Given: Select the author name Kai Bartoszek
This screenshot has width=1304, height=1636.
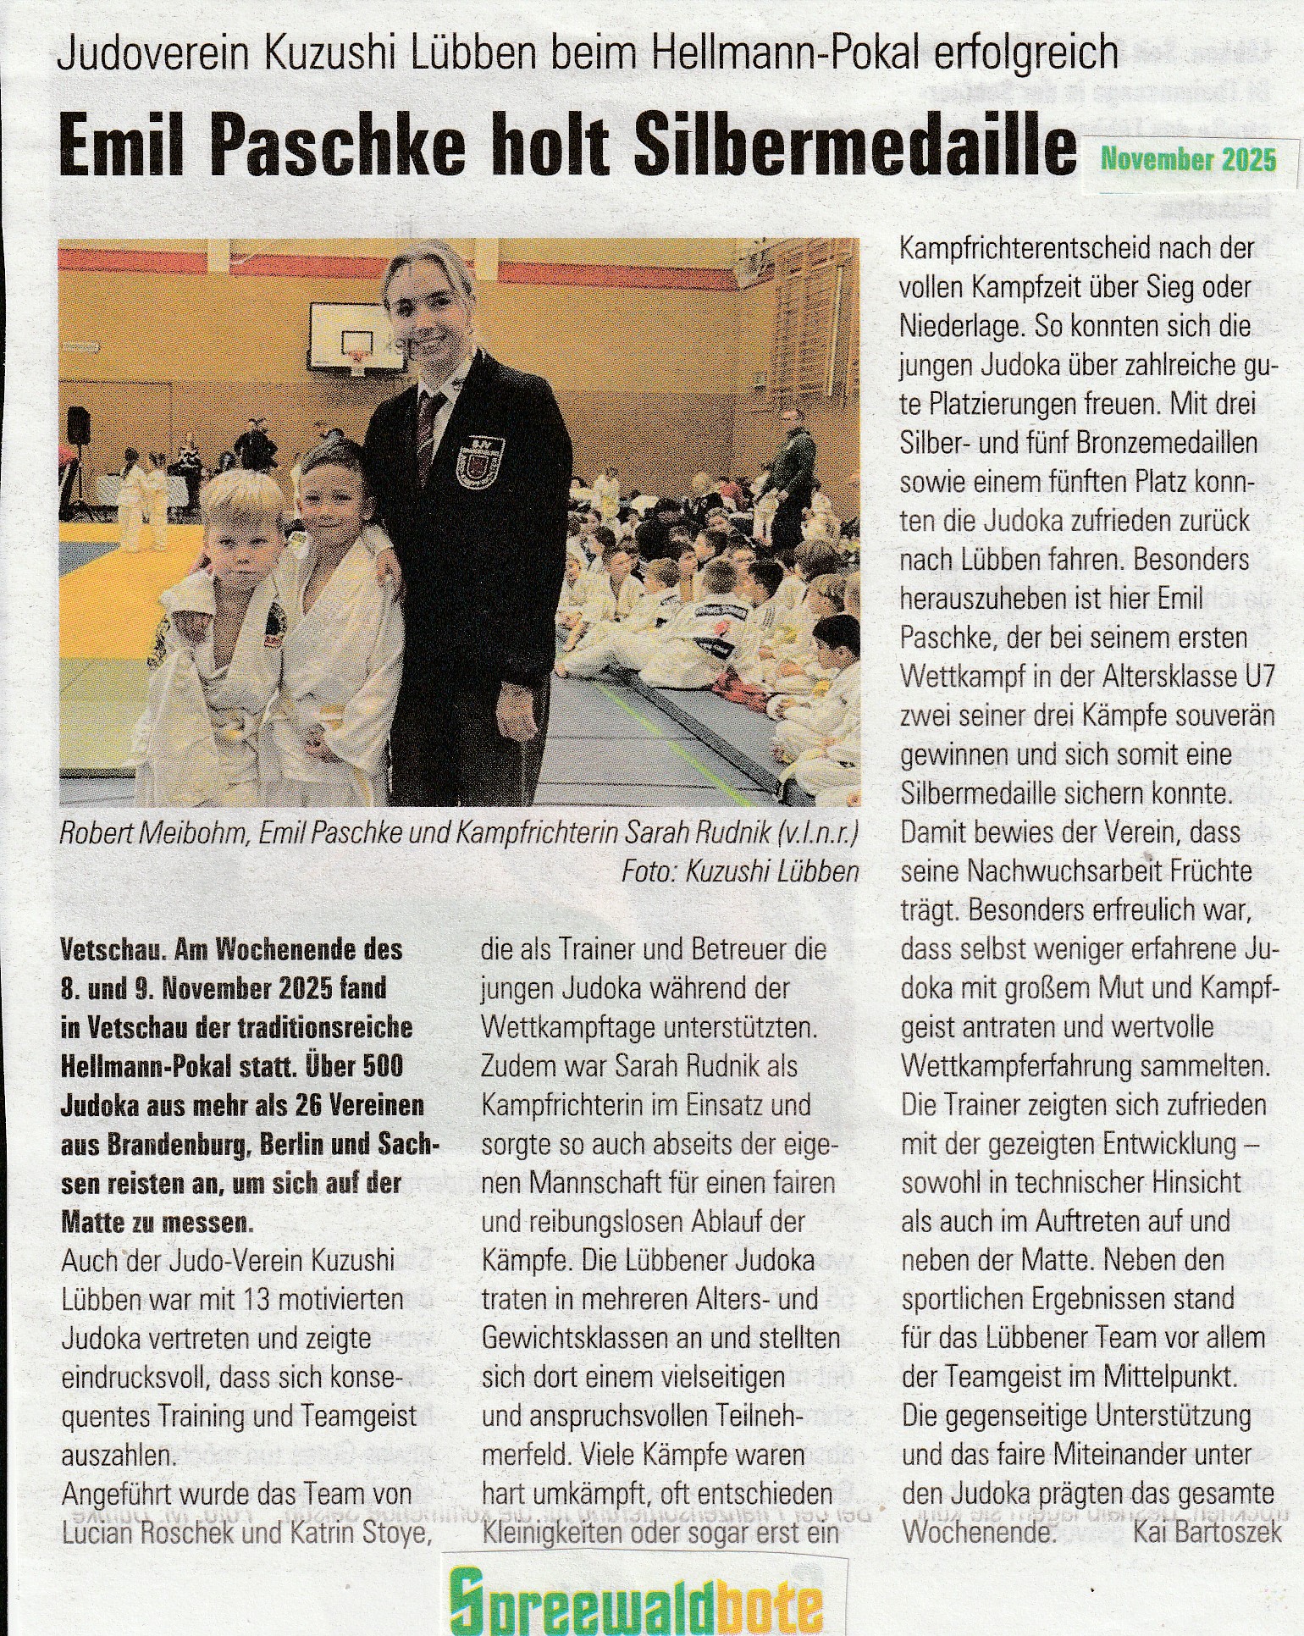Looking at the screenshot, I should [x=1207, y=1533].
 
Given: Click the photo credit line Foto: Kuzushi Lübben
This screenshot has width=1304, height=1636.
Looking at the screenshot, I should [x=739, y=871].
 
